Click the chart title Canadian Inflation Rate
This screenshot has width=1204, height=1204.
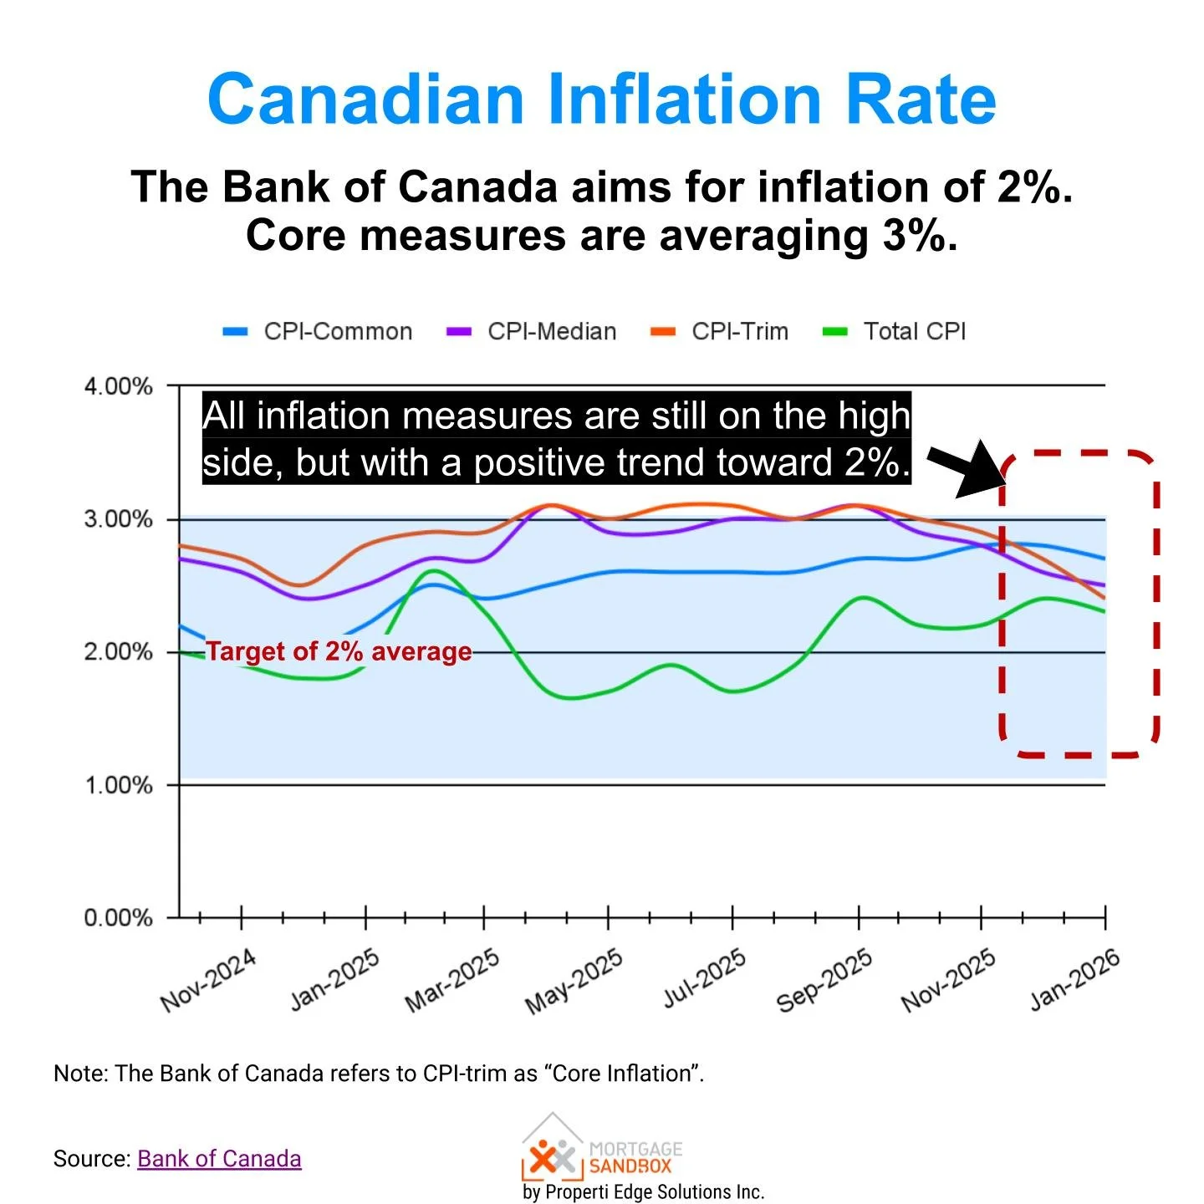(601, 99)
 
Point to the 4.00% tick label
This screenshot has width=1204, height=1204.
(118, 386)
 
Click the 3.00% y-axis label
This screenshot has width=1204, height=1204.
(118, 519)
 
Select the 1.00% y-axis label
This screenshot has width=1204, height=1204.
(118, 785)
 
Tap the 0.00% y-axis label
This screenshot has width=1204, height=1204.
(118, 918)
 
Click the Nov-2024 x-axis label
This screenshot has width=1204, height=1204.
(208, 980)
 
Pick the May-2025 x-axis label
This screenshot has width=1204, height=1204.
(574, 980)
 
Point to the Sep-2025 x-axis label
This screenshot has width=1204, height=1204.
(824, 980)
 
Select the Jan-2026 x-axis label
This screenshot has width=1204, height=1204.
(1074, 980)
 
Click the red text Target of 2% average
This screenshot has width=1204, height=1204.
(339, 651)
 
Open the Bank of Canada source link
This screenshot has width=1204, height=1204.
(219, 1159)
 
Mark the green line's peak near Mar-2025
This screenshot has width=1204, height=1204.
(434, 571)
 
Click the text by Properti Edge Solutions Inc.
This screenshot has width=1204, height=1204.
(643, 1191)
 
